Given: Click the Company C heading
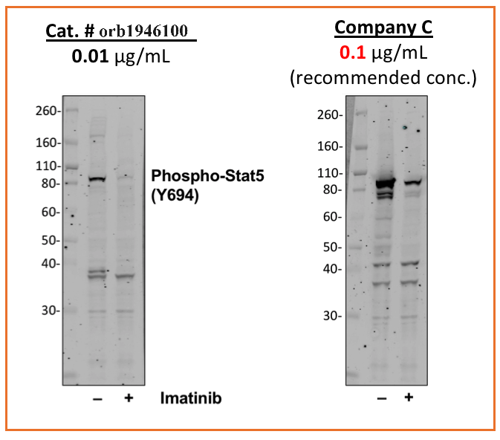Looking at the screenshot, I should [383, 28].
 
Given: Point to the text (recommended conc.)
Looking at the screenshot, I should [383, 78].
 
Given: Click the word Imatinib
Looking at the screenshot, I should [190, 398].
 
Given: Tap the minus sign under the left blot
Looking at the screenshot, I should [97, 398].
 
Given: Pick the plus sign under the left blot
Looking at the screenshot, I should [129, 398].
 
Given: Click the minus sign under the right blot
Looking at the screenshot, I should [382, 398].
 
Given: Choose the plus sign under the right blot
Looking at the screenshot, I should [408, 398].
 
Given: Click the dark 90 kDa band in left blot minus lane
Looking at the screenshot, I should [97, 178].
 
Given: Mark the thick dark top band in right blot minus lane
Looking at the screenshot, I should [384, 183].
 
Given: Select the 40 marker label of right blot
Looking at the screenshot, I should [332, 268].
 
